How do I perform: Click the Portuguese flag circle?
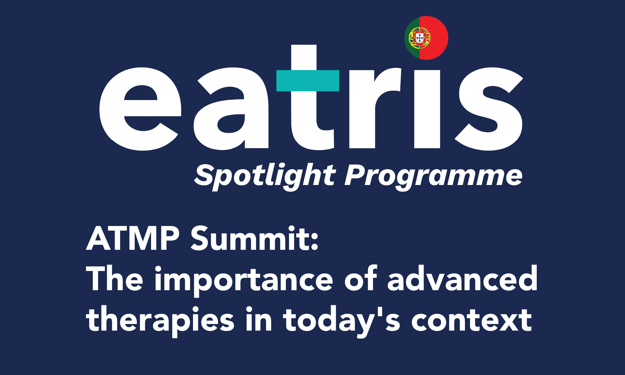click(426, 38)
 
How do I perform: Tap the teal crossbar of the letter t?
click(308, 81)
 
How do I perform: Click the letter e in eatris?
click(140, 109)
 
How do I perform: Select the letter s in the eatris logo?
click(489, 109)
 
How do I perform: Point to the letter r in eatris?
click(375, 108)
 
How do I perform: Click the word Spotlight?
click(265, 177)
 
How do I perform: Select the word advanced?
click(462, 278)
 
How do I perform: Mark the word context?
click(472, 319)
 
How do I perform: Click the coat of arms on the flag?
click(419, 38)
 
